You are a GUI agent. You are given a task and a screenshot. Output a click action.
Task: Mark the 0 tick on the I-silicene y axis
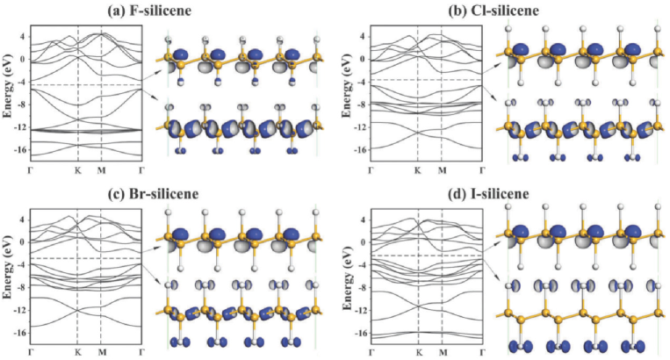click(x=362, y=237)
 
